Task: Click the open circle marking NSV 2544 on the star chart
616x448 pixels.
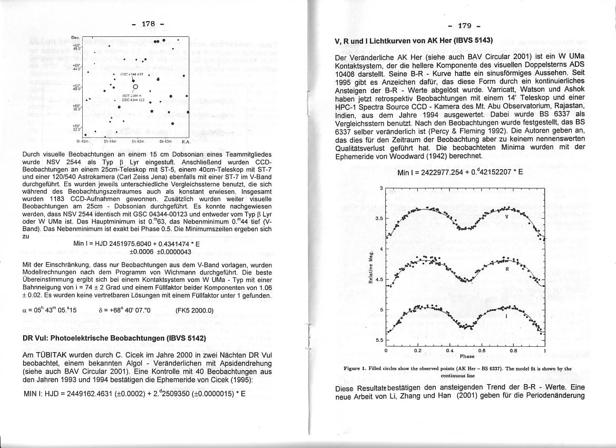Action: click(136, 87)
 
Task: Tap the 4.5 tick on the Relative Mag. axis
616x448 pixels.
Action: click(381, 279)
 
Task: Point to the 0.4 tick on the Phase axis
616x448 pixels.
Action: click(449, 350)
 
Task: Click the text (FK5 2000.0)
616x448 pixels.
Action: click(195, 310)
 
